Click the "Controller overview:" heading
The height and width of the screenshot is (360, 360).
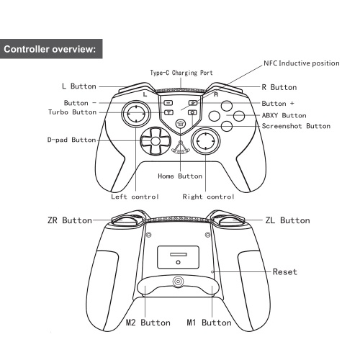pyautogui.click(x=50, y=49)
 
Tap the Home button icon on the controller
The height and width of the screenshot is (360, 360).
pyautogui.click(x=181, y=124)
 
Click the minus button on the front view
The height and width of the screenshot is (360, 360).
pyautogui.click(x=168, y=103)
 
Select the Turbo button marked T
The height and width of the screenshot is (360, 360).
pyautogui.click(x=169, y=112)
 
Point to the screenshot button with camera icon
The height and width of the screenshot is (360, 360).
pyautogui.click(x=192, y=112)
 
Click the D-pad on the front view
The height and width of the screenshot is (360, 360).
pyautogui.click(x=156, y=141)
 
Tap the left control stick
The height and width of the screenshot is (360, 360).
pyautogui.click(x=136, y=114)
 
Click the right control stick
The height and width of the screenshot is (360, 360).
pyautogui.click(x=205, y=141)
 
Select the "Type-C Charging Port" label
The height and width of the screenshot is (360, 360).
pyautogui.click(x=181, y=73)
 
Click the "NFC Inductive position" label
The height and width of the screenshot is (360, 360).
pyautogui.click(x=302, y=63)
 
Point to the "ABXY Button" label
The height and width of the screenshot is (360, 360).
pyautogui.click(x=284, y=115)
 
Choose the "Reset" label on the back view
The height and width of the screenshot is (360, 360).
pyautogui.click(x=285, y=271)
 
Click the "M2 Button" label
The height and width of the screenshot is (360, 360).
pyautogui.click(x=148, y=323)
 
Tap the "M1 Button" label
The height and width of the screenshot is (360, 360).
pyautogui.click(x=209, y=323)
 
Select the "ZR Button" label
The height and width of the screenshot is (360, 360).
pyautogui.click(x=70, y=220)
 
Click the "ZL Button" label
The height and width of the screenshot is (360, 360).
pyautogui.click(x=287, y=220)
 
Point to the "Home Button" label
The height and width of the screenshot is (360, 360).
pyautogui.click(x=180, y=176)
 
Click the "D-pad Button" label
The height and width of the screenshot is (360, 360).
pyautogui.click(x=71, y=140)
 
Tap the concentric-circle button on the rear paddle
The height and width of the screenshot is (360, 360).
pyautogui.click(x=178, y=281)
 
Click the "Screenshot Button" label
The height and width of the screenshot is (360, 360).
pyautogui.click(x=296, y=126)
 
